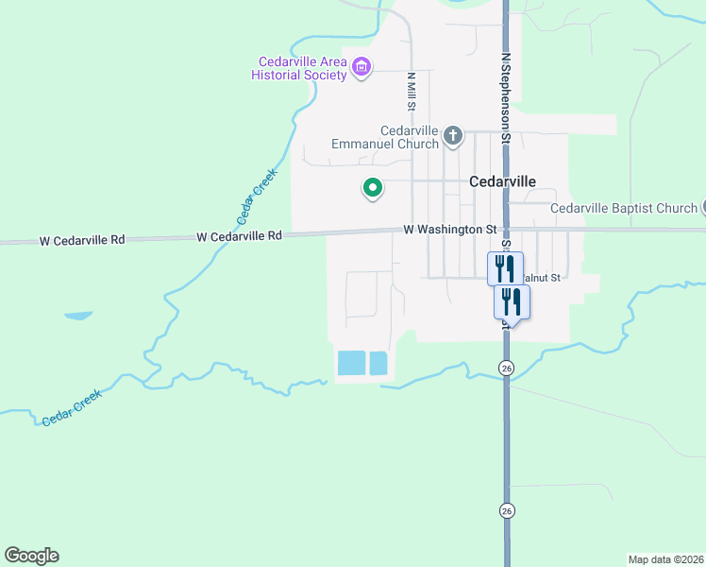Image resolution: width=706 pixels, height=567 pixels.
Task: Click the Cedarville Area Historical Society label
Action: tap(297, 68)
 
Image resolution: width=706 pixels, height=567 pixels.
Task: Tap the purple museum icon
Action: tap(361, 67)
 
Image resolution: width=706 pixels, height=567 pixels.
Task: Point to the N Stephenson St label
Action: tap(506, 97)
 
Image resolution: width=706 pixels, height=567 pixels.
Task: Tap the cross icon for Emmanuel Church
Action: tap(453, 136)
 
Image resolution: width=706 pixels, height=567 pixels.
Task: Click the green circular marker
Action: tap(373, 187)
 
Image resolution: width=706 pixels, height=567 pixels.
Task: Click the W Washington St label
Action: tap(449, 229)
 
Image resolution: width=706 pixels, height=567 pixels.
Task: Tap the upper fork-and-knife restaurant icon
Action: tap(505, 267)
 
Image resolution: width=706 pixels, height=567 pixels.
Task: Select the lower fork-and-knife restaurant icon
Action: tap(512, 301)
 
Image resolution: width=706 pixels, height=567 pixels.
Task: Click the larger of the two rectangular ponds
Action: tap(351, 363)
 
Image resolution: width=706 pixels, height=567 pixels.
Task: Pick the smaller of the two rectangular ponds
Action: tap(378, 363)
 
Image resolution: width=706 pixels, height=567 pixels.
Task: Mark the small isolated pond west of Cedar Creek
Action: tap(78, 314)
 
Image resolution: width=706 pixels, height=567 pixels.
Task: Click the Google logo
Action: tap(31, 556)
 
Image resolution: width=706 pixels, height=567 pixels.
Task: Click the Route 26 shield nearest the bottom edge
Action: tap(507, 511)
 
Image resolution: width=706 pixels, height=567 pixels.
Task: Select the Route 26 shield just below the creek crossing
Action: tap(507, 368)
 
